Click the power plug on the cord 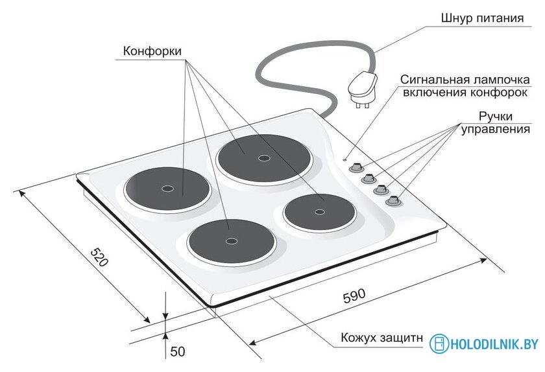[x=363, y=89]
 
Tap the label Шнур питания [x=482, y=18]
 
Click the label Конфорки [x=152, y=51]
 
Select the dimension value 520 [x=99, y=257]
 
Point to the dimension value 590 [x=354, y=296]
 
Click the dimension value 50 [x=178, y=351]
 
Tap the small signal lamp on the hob [x=344, y=160]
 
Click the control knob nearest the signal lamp [x=356, y=167]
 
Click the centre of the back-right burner [x=264, y=158]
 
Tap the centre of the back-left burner [x=167, y=189]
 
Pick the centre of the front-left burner [x=231, y=240]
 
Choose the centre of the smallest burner [x=319, y=212]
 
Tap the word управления [x=495, y=129]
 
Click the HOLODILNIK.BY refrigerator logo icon [x=439, y=344]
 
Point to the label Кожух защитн [x=381, y=338]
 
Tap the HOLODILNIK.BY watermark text [x=494, y=344]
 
